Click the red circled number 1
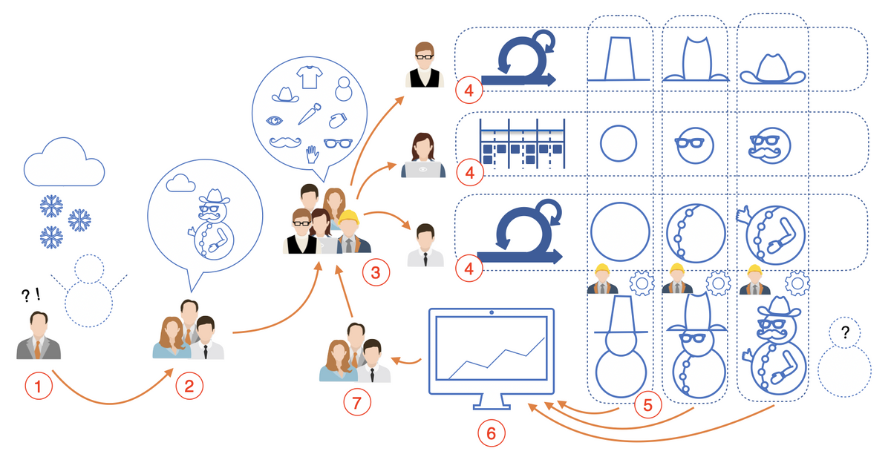click(39, 386)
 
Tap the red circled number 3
click(376, 272)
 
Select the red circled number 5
click(648, 404)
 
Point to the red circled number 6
click(492, 433)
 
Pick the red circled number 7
click(357, 402)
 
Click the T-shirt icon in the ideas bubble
click(310, 77)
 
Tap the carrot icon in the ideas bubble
click(310, 114)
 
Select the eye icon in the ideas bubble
click(274, 120)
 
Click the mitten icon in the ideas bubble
click(338, 120)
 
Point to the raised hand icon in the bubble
click(313, 154)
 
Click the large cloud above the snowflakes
click(64, 162)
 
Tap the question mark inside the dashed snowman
click(845, 332)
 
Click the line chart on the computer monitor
click(497, 358)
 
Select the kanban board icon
click(522, 143)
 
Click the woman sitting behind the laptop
click(423, 155)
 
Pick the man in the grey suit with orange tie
click(39, 335)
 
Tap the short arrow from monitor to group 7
click(405, 361)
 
